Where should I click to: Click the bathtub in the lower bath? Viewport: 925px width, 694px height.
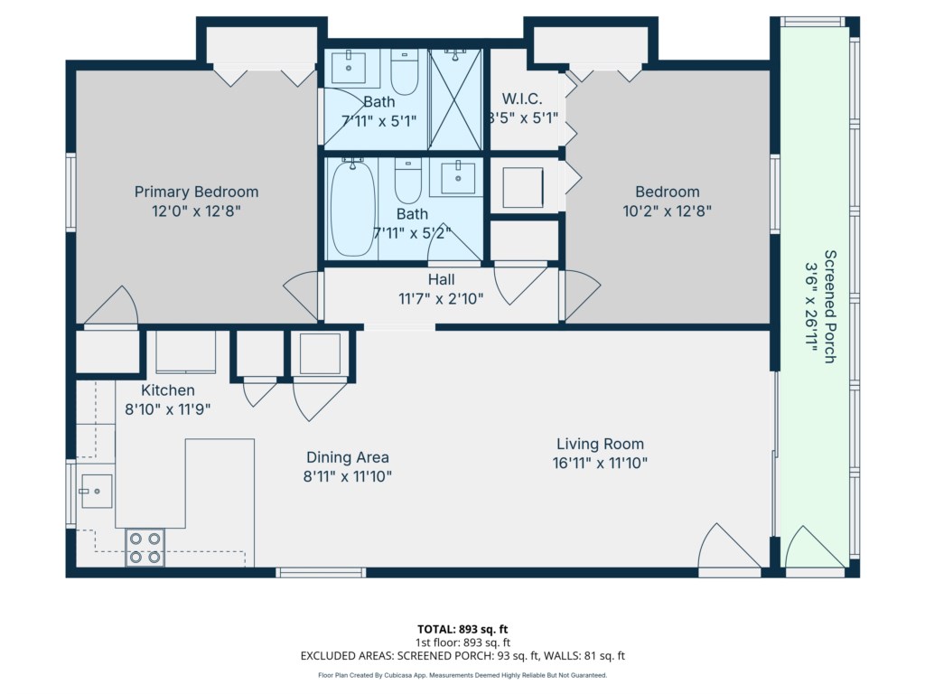(x=352, y=208)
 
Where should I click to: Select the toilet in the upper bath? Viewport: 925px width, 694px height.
(x=405, y=72)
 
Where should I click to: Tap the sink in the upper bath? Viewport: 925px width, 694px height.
(x=348, y=67)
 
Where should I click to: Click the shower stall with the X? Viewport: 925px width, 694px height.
(x=455, y=99)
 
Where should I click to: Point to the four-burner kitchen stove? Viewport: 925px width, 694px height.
(x=145, y=548)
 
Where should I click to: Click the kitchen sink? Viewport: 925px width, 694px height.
(x=96, y=491)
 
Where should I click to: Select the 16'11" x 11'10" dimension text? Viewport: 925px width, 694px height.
(x=600, y=464)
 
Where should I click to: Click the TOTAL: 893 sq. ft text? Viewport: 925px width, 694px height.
(x=462, y=629)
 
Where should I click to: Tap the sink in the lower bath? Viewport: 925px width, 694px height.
(x=458, y=178)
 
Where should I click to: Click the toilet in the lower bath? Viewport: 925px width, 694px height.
(x=407, y=181)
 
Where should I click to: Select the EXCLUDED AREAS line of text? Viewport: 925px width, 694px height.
(x=462, y=656)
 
